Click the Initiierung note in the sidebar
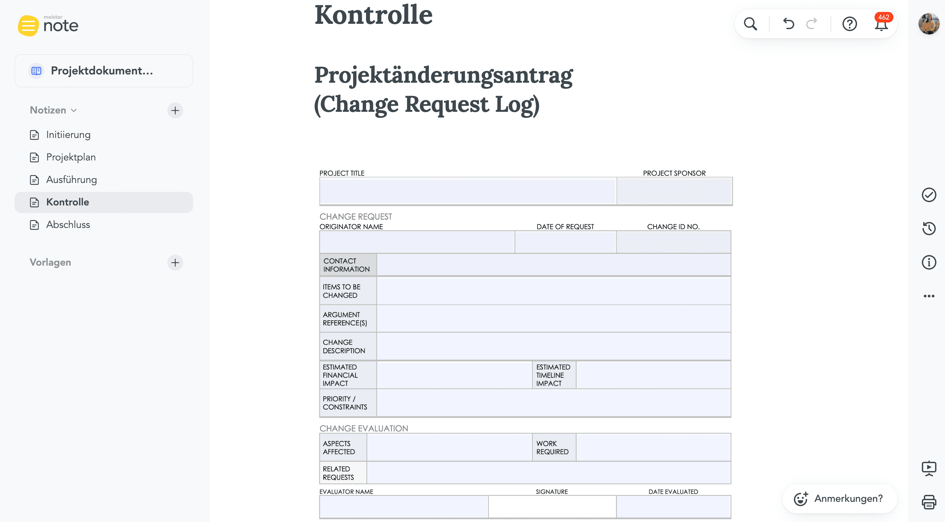tap(68, 135)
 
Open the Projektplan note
tap(71, 157)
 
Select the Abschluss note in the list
tap(68, 225)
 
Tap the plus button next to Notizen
tap(175, 110)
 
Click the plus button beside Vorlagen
tap(175, 262)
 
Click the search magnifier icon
tap(750, 24)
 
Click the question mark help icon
tap(849, 24)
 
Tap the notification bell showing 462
tap(881, 24)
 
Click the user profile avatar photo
tap(928, 24)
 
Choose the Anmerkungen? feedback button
tap(840, 499)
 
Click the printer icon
tap(929, 502)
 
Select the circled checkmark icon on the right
tap(929, 195)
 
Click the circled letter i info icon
tap(929, 262)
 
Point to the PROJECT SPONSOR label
tap(674, 173)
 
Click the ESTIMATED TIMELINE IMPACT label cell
tap(554, 375)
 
